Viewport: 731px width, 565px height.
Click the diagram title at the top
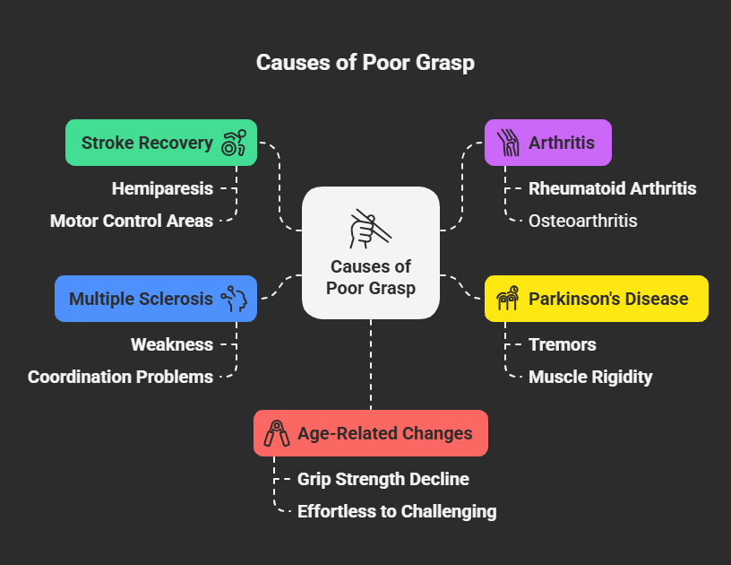[x=365, y=62]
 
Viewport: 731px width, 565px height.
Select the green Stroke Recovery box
[x=148, y=143]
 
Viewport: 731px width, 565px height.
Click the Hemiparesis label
[x=162, y=188]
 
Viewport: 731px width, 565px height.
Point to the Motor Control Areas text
[x=132, y=221]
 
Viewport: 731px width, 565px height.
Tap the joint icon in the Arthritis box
[x=508, y=143]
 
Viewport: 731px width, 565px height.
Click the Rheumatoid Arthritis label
[x=612, y=188]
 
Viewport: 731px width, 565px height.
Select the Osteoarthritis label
[x=582, y=221]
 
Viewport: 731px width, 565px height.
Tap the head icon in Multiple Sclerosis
[x=234, y=299]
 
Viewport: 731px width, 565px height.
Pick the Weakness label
[x=172, y=344]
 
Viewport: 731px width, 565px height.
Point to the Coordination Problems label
[x=120, y=377]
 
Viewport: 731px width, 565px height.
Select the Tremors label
[x=562, y=344]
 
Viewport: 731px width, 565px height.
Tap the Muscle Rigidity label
[x=590, y=377]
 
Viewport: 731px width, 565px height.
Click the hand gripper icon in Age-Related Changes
[x=276, y=433]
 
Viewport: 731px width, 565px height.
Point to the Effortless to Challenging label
[x=397, y=511]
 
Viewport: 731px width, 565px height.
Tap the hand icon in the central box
[x=369, y=228]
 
